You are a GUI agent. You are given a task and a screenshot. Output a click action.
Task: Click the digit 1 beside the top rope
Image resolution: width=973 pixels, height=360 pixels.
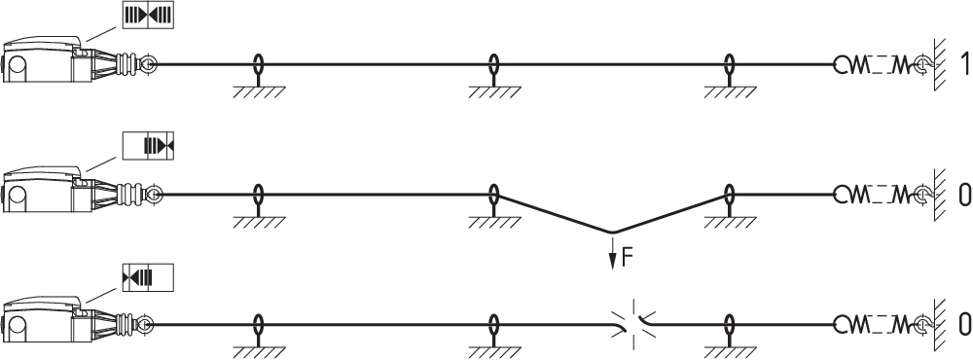tap(963, 63)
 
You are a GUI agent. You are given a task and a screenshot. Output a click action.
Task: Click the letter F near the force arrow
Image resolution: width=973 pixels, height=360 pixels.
tap(628, 258)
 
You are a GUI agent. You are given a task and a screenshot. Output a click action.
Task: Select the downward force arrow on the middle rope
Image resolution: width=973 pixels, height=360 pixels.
tap(612, 251)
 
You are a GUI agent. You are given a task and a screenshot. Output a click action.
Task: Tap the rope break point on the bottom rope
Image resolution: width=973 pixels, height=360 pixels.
tap(633, 325)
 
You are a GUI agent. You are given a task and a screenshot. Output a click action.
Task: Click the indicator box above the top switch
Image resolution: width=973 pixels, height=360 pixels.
tap(148, 15)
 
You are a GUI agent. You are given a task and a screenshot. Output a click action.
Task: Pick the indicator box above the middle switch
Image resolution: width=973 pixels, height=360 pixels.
tap(148, 146)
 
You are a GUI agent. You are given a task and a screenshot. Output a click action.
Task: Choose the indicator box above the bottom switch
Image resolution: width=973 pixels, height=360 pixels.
tap(148, 277)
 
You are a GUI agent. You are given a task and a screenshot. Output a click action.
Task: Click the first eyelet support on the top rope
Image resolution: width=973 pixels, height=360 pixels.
tap(259, 76)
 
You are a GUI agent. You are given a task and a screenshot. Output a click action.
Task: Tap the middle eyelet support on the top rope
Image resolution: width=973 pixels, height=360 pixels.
tap(494, 76)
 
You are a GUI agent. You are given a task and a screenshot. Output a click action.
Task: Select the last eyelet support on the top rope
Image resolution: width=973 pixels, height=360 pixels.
tap(730, 76)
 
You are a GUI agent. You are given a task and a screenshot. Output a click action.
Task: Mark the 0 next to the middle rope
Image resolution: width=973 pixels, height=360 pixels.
tap(964, 195)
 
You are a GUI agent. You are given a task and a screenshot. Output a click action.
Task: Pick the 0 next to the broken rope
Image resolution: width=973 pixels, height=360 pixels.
tap(964, 325)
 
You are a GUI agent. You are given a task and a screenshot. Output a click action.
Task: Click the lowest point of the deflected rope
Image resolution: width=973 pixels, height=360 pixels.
tap(612, 233)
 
